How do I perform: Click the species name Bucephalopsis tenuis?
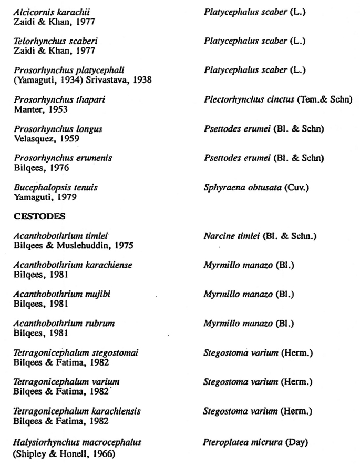[56, 187]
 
